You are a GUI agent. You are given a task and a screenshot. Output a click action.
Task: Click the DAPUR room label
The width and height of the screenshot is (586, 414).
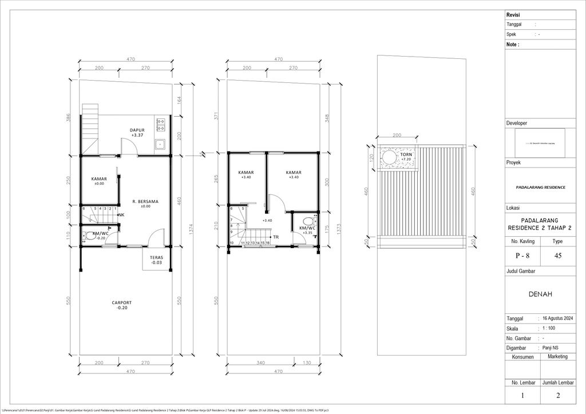click(x=137, y=130)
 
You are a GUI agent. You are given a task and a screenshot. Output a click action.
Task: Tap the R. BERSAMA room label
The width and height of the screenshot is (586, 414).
click(x=145, y=202)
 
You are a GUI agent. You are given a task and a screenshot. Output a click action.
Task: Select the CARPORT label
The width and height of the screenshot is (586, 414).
click(x=122, y=303)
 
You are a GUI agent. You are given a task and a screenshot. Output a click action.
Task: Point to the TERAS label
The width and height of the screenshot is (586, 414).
click(x=157, y=258)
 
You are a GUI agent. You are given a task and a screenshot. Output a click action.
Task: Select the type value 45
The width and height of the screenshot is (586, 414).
click(x=557, y=256)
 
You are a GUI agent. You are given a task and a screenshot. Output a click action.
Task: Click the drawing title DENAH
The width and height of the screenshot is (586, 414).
click(x=540, y=294)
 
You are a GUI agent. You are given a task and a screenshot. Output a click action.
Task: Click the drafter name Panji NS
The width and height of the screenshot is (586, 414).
click(x=551, y=348)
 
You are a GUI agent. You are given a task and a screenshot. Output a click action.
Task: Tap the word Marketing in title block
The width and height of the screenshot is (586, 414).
click(x=558, y=356)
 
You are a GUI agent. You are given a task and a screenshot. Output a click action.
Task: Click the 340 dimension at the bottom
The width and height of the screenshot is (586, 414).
click(x=261, y=363)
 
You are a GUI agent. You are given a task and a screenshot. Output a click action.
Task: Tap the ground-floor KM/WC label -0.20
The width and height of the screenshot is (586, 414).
click(x=101, y=236)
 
